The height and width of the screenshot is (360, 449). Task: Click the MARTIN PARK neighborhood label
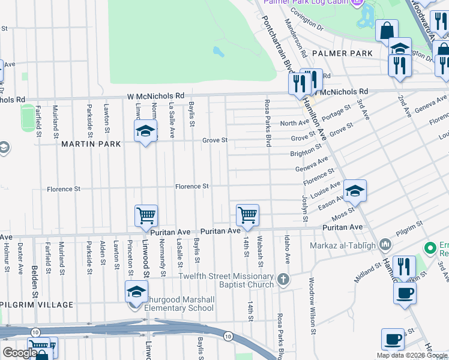pyautogui.click(x=91, y=144)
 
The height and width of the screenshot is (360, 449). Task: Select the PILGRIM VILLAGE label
pyautogui.click(x=37, y=304)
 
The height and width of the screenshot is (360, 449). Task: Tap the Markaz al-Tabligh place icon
pyautogui.click(x=385, y=244)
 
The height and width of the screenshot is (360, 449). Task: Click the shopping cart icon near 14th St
pyautogui.click(x=247, y=215)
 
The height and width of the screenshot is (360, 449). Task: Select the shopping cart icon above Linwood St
pyautogui.click(x=146, y=217)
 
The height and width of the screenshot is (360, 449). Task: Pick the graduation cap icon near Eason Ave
pyautogui.click(x=355, y=191)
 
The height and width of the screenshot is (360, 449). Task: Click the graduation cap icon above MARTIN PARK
pyautogui.click(x=145, y=131)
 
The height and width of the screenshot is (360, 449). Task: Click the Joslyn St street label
pyautogui.click(x=304, y=208)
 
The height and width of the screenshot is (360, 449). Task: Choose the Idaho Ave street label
pyautogui.click(x=288, y=250)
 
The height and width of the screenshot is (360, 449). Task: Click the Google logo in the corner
pyautogui.click(x=20, y=353)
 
